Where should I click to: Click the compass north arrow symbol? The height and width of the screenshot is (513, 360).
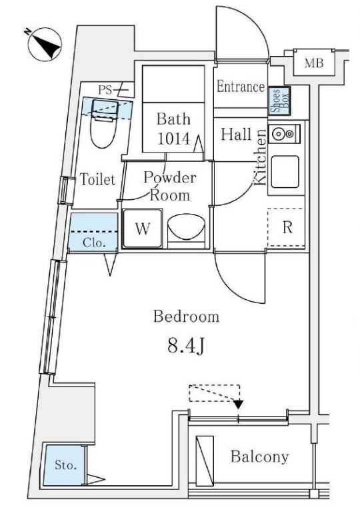click(45, 44)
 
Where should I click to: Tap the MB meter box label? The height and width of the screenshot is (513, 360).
click(314, 63)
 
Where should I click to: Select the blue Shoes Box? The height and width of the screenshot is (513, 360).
click(279, 101)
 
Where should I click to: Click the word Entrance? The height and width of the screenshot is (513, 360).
click(241, 87)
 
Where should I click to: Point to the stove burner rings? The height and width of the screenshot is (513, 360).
click(284, 133)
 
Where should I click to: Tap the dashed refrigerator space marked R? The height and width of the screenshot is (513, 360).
click(287, 227)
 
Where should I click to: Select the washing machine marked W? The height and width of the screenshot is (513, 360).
click(143, 229)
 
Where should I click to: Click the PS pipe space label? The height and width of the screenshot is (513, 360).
click(105, 90)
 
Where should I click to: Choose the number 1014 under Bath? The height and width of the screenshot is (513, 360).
click(174, 139)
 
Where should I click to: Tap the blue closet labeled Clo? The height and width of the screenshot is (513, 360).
click(93, 233)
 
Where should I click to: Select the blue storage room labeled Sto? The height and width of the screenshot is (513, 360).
click(65, 464)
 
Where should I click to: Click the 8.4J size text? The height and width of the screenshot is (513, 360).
click(186, 346)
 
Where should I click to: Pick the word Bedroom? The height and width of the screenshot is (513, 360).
click(186, 316)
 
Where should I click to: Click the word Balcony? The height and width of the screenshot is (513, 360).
click(259, 457)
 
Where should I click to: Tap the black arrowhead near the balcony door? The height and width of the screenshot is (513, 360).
click(239, 404)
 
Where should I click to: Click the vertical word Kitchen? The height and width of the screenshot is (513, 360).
click(260, 157)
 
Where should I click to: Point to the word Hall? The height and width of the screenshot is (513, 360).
click(236, 135)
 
